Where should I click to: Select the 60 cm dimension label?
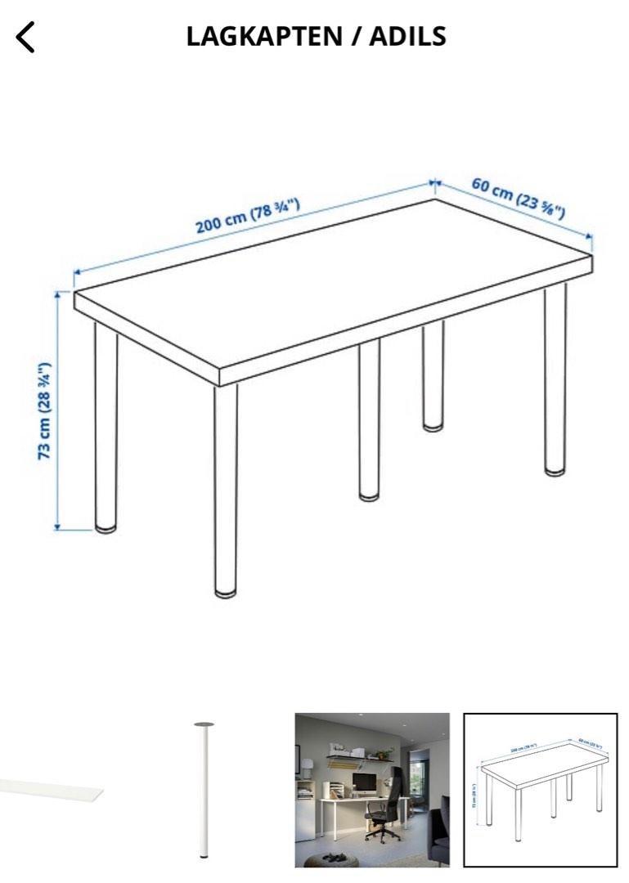[x=518, y=198]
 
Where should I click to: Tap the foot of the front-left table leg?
[x=106, y=527]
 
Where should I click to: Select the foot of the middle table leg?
[x=369, y=495]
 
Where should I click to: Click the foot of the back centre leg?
[x=433, y=426]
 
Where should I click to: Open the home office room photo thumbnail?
[x=372, y=789]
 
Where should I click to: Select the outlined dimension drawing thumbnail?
[x=541, y=789]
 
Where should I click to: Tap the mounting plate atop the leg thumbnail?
[x=204, y=724]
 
